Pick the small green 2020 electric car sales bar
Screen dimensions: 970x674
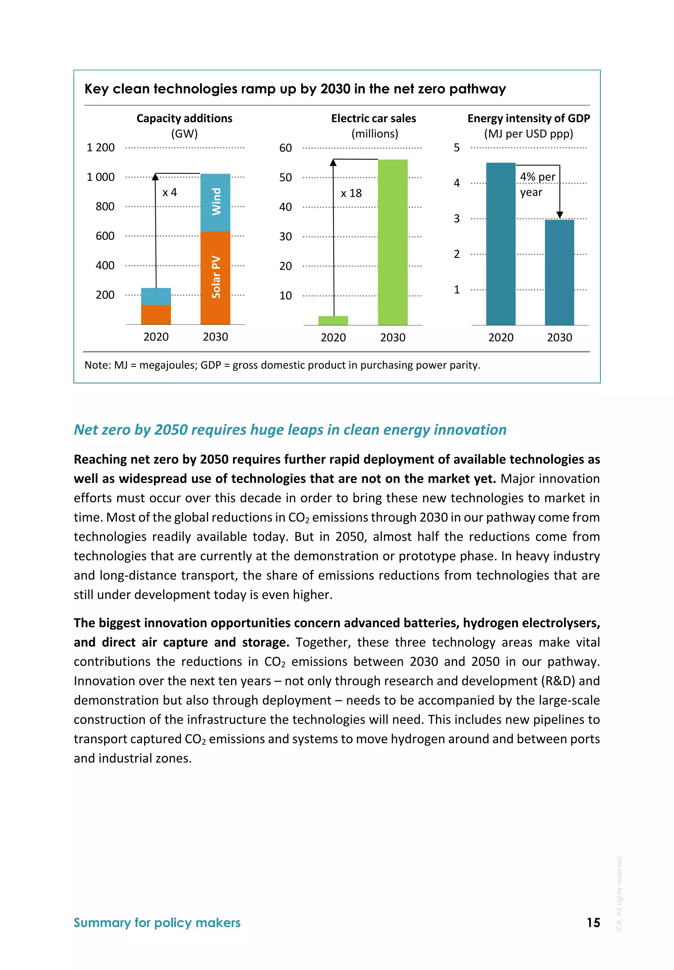333,321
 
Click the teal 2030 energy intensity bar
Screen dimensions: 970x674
559,272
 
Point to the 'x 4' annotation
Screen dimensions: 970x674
170,193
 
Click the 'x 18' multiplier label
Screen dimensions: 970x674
351,193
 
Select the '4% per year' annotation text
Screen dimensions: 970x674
537,184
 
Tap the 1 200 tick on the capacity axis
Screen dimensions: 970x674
100,148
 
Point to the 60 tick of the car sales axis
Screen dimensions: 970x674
285,148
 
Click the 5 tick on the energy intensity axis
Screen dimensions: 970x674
457,148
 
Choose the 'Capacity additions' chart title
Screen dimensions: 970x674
184,118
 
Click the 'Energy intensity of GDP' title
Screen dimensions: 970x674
529,118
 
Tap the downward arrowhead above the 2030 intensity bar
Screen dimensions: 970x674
559,215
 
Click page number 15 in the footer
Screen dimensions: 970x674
593,923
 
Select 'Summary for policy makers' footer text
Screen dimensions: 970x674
157,923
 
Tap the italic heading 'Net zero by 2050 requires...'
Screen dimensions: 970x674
290,430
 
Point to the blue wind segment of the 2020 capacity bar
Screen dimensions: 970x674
156,296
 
